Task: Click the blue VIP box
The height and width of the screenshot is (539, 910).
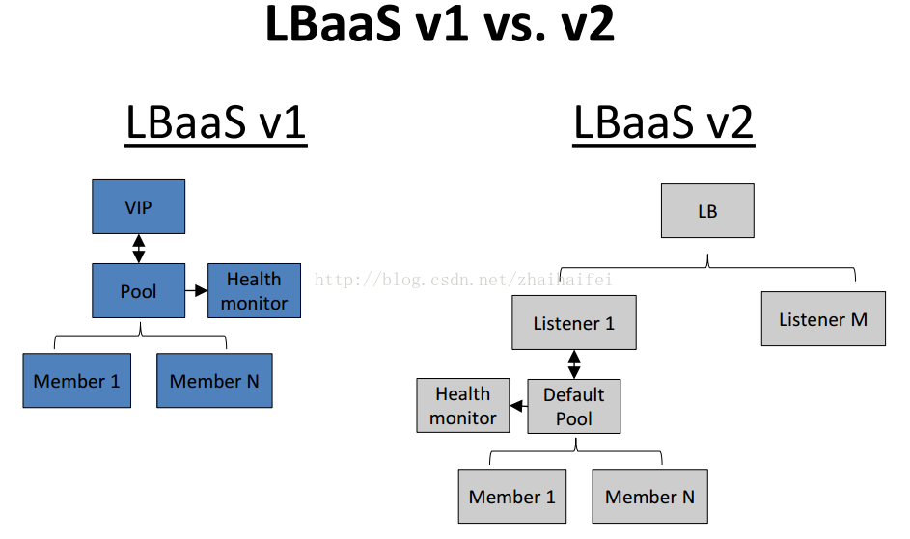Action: [139, 207]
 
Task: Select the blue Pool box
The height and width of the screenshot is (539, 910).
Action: [139, 290]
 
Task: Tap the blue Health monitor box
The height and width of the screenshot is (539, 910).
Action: [254, 290]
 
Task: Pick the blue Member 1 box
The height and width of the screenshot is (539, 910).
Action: [76, 381]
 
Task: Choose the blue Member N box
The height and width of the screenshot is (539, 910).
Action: [214, 381]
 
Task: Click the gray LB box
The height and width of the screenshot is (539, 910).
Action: [707, 211]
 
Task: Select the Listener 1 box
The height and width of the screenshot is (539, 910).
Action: [574, 323]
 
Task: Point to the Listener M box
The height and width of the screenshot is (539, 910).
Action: [823, 319]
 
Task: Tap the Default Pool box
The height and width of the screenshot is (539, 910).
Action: [574, 406]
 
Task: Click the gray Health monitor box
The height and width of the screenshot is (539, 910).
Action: [463, 406]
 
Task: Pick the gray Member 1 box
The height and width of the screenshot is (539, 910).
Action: [511, 496]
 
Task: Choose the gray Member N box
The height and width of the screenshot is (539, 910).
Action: [650, 496]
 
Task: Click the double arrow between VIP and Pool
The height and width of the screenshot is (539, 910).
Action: [139, 249]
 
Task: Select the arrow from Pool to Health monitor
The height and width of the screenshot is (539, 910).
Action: [197, 290]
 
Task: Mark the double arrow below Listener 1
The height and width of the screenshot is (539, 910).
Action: [574, 364]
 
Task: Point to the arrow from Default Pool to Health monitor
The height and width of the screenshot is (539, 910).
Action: [519, 406]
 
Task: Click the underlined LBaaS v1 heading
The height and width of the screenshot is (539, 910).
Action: [216, 123]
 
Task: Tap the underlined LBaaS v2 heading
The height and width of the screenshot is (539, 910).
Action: [663, 123]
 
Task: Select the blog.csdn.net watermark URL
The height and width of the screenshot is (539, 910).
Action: [463, 280]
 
